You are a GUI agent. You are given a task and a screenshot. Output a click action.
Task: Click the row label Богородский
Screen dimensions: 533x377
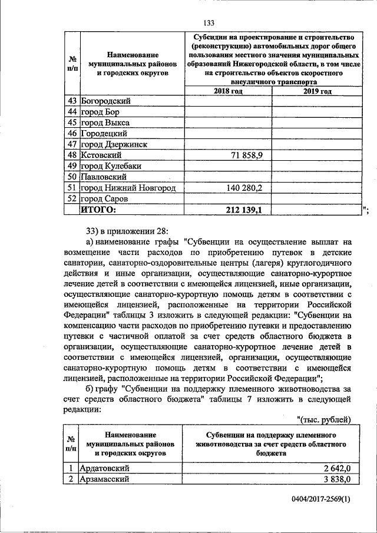coord(105,101)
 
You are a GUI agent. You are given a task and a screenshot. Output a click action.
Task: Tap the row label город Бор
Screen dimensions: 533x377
coord(102,112)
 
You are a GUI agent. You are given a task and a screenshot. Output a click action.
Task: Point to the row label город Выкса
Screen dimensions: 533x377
coord(105,123)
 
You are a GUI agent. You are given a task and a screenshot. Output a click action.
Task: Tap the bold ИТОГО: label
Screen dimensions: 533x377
coord(99,209)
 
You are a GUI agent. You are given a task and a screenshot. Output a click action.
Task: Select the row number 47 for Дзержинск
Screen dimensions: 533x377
coord(72,144)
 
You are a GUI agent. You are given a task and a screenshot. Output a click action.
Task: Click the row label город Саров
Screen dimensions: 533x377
coord(105,198)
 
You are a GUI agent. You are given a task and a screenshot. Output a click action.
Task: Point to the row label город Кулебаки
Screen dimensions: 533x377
coord(111,166)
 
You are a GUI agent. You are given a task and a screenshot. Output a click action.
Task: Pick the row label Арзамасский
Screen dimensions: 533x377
coord(106,479)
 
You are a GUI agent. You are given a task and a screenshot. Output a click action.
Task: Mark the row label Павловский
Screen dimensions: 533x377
coord(104,177)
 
